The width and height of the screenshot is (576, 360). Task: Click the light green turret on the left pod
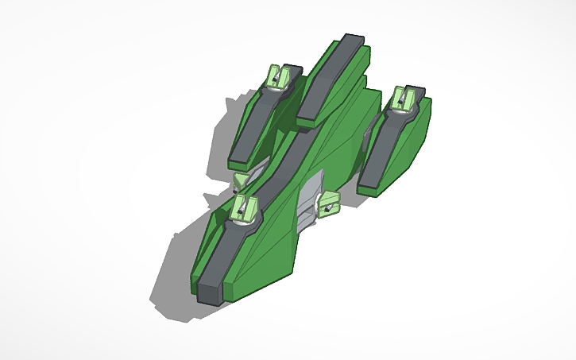(x=278, y=77)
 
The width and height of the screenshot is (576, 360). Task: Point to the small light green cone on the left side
(x=239, y=183)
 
